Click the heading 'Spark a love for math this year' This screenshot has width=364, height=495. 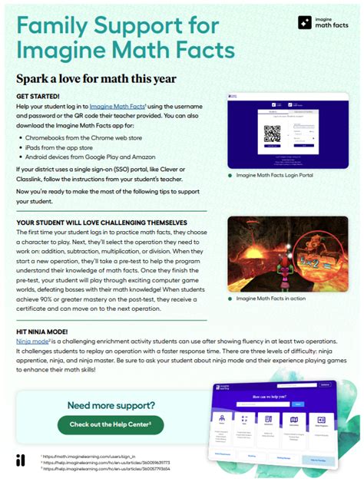[x=97, y=78]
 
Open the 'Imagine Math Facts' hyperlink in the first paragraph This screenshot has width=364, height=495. [x=116, y=105]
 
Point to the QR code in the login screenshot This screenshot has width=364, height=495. [x=272, y=135]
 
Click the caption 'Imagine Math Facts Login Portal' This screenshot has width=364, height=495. [x=275, y=176]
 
